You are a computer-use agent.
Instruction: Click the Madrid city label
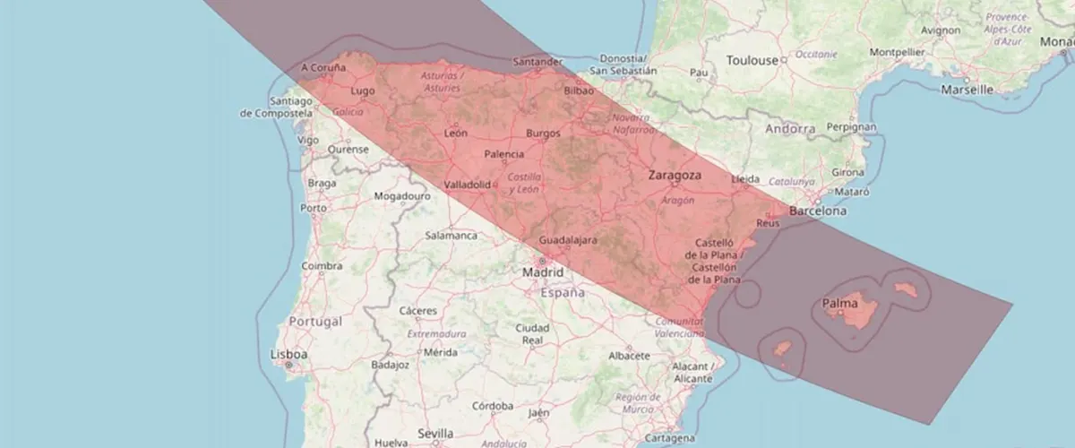(x=544, y=272)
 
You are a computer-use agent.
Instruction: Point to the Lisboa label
(x=288, y=355)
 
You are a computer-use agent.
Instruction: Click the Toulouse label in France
(x=752, y=61)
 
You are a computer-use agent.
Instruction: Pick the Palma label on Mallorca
(x=839, y=305)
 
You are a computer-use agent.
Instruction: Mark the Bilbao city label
(x=580, y=91)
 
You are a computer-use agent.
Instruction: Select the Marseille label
(x=967, y=90)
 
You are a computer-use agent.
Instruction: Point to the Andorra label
(x=790, y=129)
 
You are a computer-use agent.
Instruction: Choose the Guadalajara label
(x=574, y=240)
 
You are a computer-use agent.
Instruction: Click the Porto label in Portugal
(x=314, y=208)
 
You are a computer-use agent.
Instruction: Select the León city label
(x=455, y=134)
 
